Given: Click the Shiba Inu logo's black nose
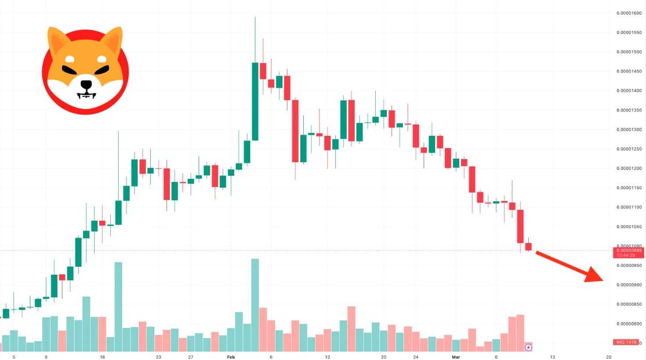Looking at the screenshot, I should pyautogui.click(x=86, y=84).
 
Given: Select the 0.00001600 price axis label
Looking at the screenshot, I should pyautogui.click(x=629, y=13).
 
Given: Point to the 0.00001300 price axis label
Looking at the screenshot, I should pyautogui.click(x=629, y=130).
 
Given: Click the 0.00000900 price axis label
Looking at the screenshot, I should pyautogui.click(x=629, y=285).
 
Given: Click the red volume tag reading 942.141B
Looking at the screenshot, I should pyautogui.click(x=625, y=342).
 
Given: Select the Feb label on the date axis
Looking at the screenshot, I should pyautogui.click(x=231, y=357).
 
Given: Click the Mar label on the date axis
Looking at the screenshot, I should pyautogui.click(x=456, y=357).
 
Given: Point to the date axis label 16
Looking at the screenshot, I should pyautogui.click(x=102, y=357).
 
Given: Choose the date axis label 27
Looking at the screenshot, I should pyautogui.click(x=191, y=357).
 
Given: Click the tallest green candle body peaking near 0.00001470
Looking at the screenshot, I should pyautogui.click(x=255, y=101).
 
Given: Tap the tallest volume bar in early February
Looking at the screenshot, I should pyautogui.click(x=255, y=303).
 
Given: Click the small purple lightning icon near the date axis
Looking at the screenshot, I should pyautogui.click(x=528, y=348).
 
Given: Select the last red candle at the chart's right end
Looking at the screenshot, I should pyautogui.click(x=528, y=247).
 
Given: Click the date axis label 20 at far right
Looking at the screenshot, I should pyautogui.click(x=609, y=357).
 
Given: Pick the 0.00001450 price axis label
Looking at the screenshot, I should pyautogui.click(x=629, y=71).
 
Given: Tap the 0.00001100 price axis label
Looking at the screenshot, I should pyautogui.click(x=629, y=207).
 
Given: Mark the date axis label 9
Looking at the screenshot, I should pyautogui.click(x=46, y=357).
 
